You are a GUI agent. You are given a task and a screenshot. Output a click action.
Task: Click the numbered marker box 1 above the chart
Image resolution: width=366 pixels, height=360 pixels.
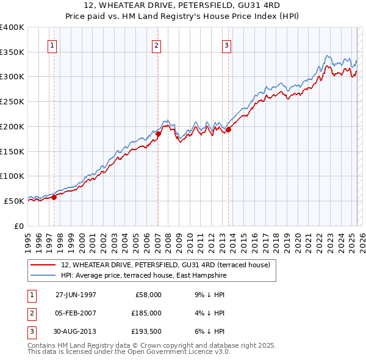point(52,45)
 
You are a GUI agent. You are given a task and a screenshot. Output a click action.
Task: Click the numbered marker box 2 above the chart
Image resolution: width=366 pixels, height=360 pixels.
point(156,45)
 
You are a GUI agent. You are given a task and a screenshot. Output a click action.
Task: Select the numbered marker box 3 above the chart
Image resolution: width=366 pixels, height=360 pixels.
point(226,45)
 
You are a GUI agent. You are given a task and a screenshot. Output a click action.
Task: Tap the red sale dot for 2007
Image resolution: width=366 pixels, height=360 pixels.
point(158,134)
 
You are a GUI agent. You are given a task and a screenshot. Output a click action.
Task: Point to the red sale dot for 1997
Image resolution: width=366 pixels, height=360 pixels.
point(54,197)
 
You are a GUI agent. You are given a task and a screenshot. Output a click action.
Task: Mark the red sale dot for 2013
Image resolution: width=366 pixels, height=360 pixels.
point(229,129)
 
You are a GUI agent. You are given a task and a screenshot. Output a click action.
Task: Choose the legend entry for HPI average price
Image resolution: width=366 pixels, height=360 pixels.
point(143,276)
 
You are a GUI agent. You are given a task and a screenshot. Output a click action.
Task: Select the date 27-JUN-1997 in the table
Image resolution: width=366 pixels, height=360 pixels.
point(76,295)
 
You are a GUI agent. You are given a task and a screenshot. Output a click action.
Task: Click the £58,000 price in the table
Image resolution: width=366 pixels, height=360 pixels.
point(147,295)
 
